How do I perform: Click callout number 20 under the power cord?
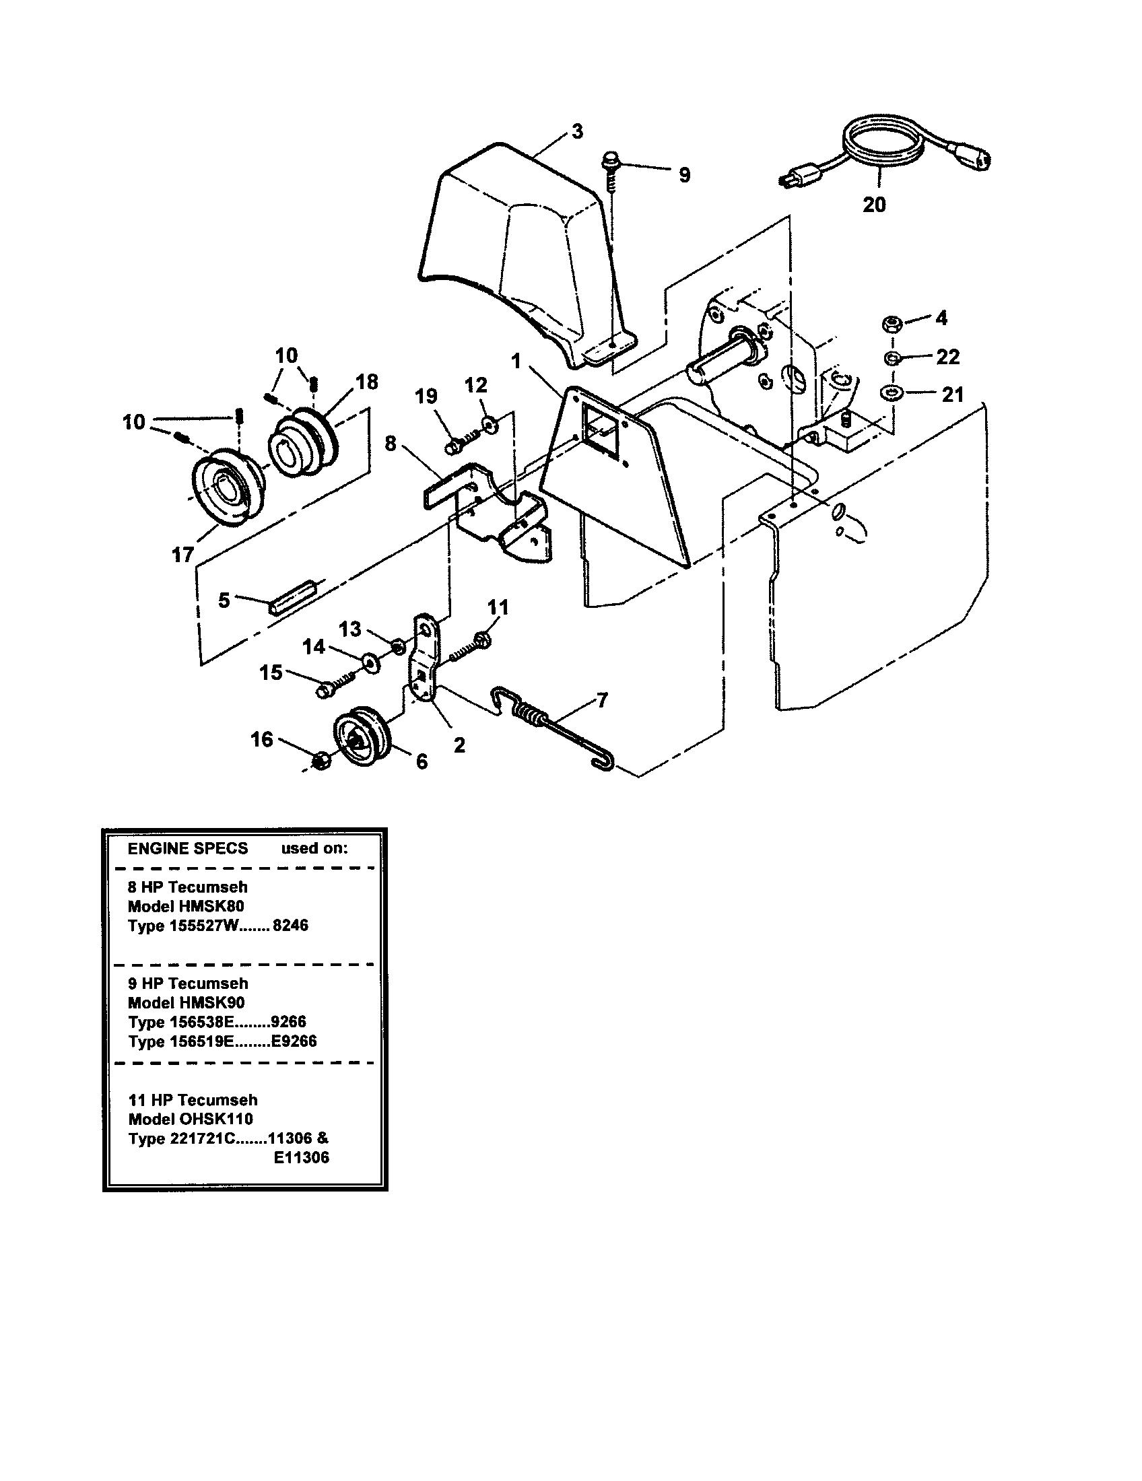click(873, 204)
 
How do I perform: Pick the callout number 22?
click(947, 357)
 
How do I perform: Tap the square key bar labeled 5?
click(293, 596)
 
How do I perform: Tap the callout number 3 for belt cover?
click(577, 131)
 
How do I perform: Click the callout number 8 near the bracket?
click(390, 444)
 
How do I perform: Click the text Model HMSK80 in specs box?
click(186, 906)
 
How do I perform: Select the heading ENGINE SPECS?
click(188, 848)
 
